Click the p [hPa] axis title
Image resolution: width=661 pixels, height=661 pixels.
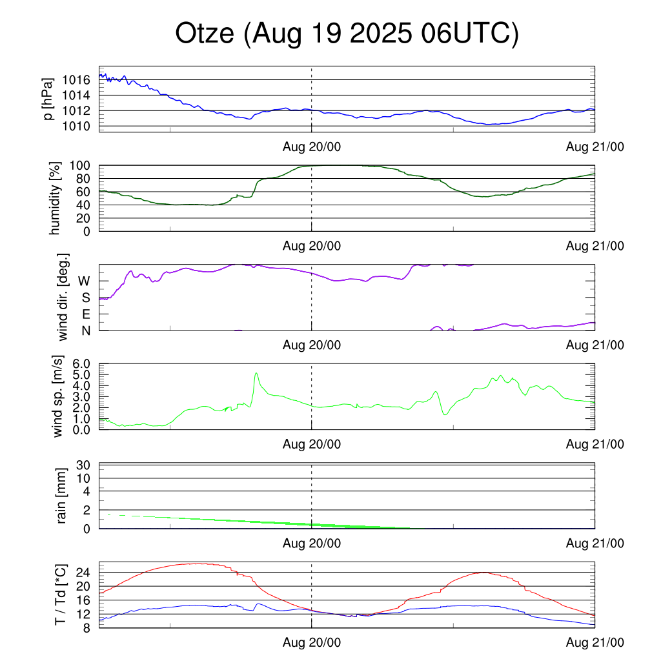coord(48,99)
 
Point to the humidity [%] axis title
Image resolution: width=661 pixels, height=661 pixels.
coord(56,198)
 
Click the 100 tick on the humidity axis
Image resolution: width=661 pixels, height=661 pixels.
coord(81,165)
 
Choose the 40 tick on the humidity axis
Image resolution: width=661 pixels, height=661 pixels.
coord(85,205)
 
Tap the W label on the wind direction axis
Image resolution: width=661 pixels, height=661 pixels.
coord(84,281)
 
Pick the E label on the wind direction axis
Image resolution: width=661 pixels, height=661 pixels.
coord(85,314)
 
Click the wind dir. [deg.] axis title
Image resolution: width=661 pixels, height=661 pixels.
coord(63,298)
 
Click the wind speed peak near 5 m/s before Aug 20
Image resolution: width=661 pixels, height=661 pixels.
coord(256,373)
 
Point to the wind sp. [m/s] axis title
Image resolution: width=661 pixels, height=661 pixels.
coord(59,396)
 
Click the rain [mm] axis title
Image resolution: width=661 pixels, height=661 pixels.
coord(63,496)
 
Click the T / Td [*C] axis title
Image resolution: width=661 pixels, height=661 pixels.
coord(60,595)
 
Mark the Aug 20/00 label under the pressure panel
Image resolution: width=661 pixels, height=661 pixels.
coord(312,147)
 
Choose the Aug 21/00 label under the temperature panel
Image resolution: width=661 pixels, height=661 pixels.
coord(595,643)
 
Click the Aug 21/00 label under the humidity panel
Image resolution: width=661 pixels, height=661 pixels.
coord(595,246)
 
